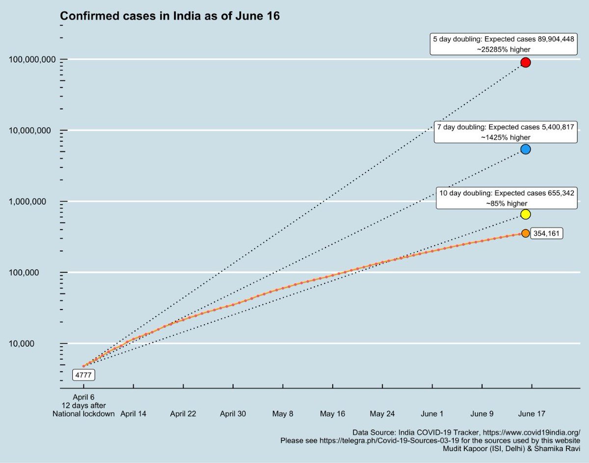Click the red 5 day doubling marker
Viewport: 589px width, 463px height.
point(526,62)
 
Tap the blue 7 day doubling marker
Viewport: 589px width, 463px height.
point(526,149)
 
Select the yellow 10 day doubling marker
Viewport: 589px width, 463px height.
point(526,214)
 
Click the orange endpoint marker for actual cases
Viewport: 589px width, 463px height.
point(526,233)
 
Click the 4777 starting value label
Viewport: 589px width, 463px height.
point(83,375)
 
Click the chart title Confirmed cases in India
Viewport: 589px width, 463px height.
point(170,17)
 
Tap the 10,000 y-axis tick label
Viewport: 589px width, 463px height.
point(39,343)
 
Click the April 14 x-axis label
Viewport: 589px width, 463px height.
point(134,413)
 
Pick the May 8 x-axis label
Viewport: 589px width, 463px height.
point(283,413)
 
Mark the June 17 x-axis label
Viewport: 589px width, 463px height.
point(532,413)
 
